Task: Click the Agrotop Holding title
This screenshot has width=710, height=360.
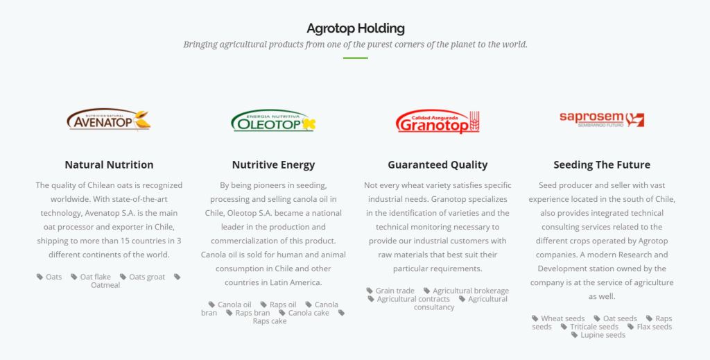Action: coord(356,28)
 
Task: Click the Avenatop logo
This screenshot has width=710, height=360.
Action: coord(109,119)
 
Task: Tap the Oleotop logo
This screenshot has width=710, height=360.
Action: coord(273,121)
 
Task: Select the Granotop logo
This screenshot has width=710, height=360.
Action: coord(438,121)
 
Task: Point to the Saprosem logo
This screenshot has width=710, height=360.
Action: coord(602,119)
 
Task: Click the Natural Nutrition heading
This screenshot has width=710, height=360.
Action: coord(109,165)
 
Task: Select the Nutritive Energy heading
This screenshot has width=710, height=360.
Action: coord(273,165)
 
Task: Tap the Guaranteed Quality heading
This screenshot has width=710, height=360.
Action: coord(438,165)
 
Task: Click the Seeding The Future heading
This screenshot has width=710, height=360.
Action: coord(602,165)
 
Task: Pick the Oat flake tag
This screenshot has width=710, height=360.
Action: coord(91,277)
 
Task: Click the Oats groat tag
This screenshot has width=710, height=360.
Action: coord(142,277)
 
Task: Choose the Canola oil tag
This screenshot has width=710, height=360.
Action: coord(230,305)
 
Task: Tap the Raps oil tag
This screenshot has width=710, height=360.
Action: coord(278,305)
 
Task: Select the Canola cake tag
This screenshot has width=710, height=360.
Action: coord(304,312)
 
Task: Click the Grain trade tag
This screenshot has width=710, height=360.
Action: coord(390,291)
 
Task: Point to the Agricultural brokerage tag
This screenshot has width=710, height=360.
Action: coord(466,291)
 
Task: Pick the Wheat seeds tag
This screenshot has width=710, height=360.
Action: coord(558,318)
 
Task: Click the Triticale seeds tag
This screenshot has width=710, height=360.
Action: coord(589,327)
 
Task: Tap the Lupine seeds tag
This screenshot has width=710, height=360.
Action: coord(598,334)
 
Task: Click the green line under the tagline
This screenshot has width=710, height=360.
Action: coord(356,58)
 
